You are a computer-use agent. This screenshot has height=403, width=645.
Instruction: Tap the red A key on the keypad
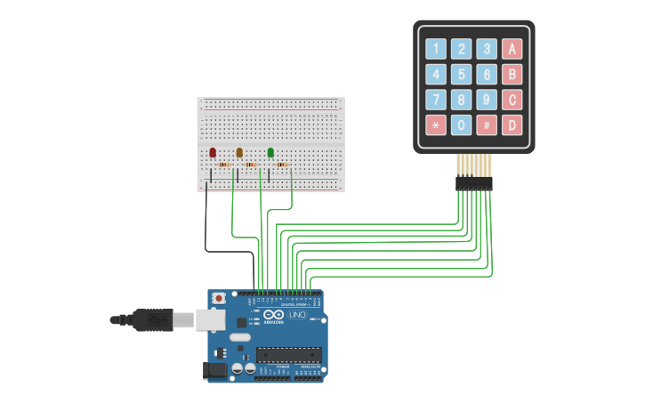pyautogui.click(x=512, y=48)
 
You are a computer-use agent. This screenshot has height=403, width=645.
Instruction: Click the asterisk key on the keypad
pyautogui.click(x=436, y=125)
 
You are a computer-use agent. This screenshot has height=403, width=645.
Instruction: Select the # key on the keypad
pyautogui.click(x=487, y=125)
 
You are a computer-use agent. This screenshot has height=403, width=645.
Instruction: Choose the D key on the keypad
pyautogui.click(x=512, y=125)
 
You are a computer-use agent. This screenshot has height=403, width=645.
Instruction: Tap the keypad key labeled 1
pyautogui.click(x=436, y=48)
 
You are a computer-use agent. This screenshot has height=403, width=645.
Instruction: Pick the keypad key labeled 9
pyautogui.click(x=487, y=100)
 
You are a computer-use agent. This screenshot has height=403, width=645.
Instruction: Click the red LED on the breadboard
pyautogui.click(x=213, y=152)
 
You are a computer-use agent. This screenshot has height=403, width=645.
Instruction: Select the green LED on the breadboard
pyautogui.click(x=270, y=152)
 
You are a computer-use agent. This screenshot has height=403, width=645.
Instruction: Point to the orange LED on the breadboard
pyautogui.click(x=239, y=152)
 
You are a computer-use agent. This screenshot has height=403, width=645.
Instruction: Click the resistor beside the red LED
pyautogui.click(x=224, y=165)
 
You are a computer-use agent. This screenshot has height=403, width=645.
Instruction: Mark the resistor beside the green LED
pyautogui.click(x=282, y=165)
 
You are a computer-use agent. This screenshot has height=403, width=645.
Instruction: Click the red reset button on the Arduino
pyautogui.click(x=219, y=298)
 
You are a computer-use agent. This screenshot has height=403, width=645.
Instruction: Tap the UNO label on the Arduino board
pyautogui.click(x=297, y=315)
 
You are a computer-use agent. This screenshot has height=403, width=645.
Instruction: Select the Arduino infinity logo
pyautogui.click(x=272, y=316)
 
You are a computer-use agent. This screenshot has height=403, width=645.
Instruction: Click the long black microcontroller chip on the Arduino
pyautogui.click(x=288, y=355)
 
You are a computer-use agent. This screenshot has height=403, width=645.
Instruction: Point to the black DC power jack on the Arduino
pyautogui.click(x=214, y=370)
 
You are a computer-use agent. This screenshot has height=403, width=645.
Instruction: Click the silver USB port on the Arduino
pyautogui.click(x=211, y=320)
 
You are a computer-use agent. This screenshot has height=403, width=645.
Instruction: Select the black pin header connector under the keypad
pyautogui.click(x=473, y=182)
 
